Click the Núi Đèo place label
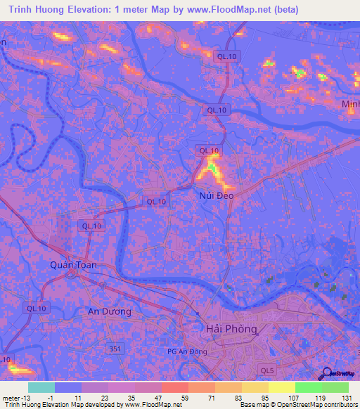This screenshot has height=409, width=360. pyautogui.click(x=214, y=197)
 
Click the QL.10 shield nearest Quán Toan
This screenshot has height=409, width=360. pyautogui.click(x=91, y=226)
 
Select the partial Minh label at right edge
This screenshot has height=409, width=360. pyautogui.click(x=350, y=105)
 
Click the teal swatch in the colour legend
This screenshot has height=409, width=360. pyautogui.click(x=41, y=387)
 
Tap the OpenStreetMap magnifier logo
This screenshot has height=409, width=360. pyautogui.click(x=326, y=375)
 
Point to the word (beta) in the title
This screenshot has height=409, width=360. pyautogui.click(x=284, y=10)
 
